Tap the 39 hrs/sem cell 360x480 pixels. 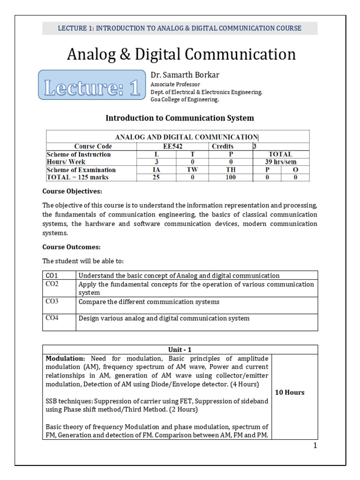click(281, 162)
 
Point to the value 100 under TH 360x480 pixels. click(230, 178)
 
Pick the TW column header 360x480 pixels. click(192, 170)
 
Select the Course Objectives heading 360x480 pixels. click(72, 191)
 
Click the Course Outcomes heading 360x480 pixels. click(71, 247)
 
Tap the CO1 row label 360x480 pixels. click(52, 276)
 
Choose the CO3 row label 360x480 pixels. click(52, 301)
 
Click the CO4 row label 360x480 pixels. click(52, 318)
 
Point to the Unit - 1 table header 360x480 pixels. click(180, 349)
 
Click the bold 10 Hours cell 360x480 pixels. click(289, 392)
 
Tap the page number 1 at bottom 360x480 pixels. click(315, 445)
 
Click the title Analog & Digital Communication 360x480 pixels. click(181, 54)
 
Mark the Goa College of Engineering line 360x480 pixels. click(184, 99)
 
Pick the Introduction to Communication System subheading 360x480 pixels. click(180, 118)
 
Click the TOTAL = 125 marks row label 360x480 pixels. click(77, 178)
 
